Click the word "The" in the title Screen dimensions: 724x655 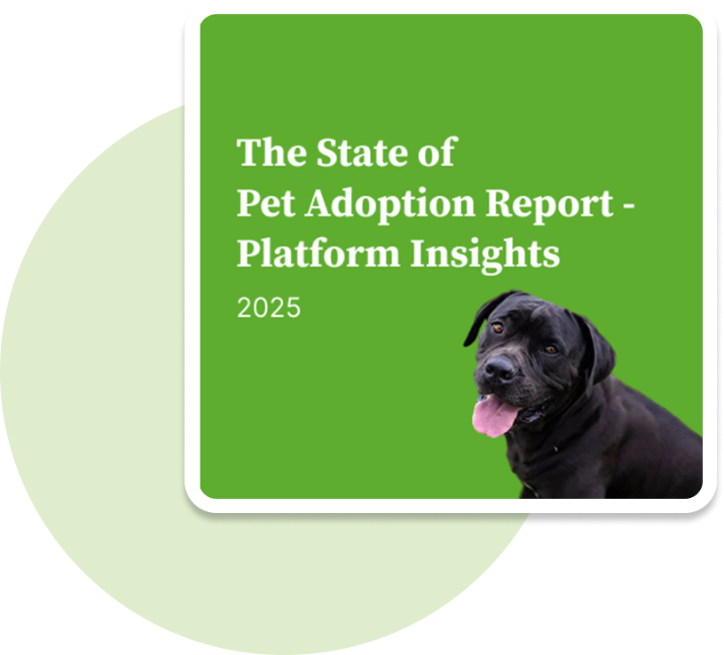(x=271, y=152)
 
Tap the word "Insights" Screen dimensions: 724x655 (x=484, y=254)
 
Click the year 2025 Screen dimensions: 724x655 (x=269, y=307)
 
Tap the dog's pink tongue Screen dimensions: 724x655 (x=494, y=415)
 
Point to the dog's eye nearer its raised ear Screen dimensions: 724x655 (x=497, y=328)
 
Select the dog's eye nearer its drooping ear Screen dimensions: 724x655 (x=551, y=350)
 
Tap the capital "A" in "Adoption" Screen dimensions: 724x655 (x=320, y=202)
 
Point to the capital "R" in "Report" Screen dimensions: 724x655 (x=500, y=202)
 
